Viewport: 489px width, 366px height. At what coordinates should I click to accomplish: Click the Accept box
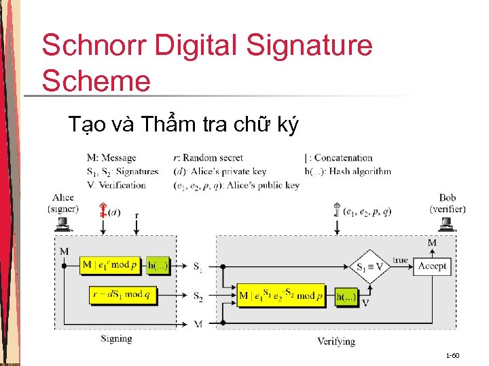point(432,266)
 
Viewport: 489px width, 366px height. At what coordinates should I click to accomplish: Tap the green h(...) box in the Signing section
point(158,265)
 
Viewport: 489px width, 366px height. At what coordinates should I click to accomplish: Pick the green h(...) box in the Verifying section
point(346,296)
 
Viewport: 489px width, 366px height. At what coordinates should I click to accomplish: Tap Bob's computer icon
point(450,223)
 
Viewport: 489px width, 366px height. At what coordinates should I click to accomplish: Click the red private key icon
point(104,211)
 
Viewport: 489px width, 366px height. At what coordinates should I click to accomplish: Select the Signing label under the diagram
point(116,338)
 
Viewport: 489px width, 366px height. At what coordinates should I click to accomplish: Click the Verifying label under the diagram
point(336,341)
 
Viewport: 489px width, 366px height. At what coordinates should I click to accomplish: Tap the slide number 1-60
point(452,356)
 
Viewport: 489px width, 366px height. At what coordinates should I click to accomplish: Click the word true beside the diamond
point(401,260)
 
